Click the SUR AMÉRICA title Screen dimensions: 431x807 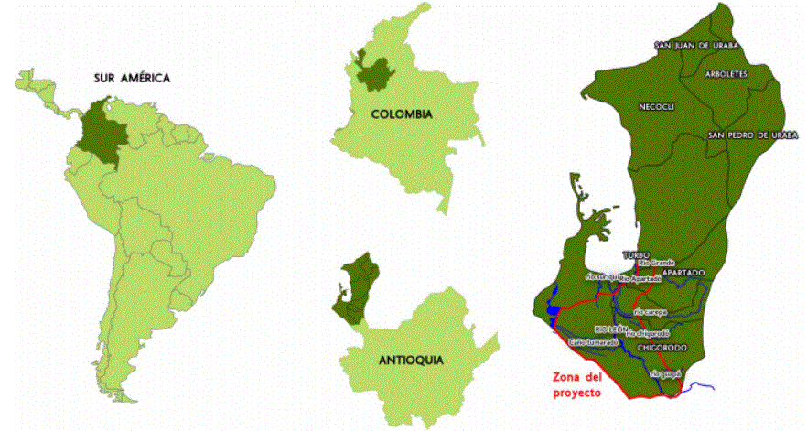pyautogui.click(x=133, y=78)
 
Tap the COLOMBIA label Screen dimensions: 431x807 pyautogui.click(x=402, y=114)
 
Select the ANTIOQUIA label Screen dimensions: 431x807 pyautogui.click(x=410, y=361)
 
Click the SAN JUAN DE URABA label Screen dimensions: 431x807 pyautogui.click(x=696, y=45)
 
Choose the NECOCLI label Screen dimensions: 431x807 pyautogui.click(x=657, y=107)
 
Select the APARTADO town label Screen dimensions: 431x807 pyautogui.click(x=683, y=273)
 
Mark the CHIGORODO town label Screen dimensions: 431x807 pyautogui.click(x=660, y=348)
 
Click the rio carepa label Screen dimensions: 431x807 pyautogui.click(x=652, y=312)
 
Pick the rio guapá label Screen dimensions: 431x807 pyautogui.click(x=665, y=373)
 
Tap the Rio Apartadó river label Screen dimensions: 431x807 pyautogui.click(x=640, y=278)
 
